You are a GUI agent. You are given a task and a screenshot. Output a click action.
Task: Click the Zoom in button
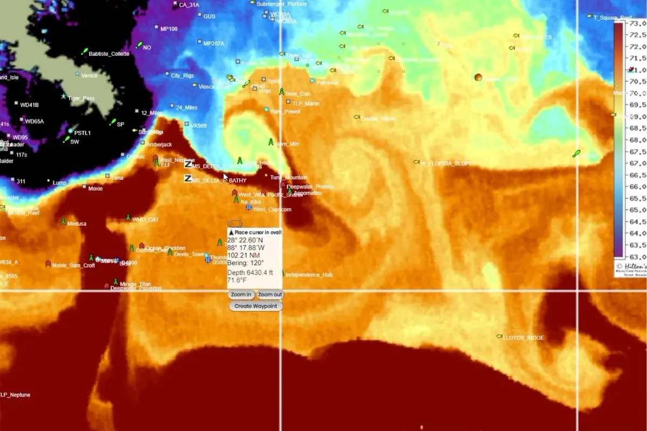point(241,295)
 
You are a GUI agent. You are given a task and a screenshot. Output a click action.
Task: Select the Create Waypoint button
point(256,306)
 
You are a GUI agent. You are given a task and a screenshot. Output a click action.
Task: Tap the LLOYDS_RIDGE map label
point(523,338)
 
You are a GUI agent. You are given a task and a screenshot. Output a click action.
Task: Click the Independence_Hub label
point(308,275)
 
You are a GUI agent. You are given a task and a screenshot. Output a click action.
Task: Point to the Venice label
point(89,75)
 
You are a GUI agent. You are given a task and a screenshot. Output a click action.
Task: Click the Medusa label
point(77,224)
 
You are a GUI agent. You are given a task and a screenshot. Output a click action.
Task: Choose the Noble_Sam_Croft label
point(73,265)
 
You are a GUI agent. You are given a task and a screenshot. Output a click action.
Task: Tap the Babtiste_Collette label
point(109,54)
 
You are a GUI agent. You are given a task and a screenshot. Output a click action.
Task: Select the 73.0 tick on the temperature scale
point(638,24)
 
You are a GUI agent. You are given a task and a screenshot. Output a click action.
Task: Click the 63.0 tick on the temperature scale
point(638,256)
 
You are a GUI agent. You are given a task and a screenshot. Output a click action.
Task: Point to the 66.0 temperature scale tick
point(638,186)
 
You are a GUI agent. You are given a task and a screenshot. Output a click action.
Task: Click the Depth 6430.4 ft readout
point(250,273)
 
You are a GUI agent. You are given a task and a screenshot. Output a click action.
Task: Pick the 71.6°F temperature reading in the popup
point(237,280)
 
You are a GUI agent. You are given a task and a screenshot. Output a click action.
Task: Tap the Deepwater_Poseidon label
point(136,288)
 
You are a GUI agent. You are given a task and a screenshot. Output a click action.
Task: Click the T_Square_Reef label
point(612,18)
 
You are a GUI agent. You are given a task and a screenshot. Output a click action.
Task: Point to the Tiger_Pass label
point(81,99)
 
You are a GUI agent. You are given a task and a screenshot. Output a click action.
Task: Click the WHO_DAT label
point(146,220)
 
